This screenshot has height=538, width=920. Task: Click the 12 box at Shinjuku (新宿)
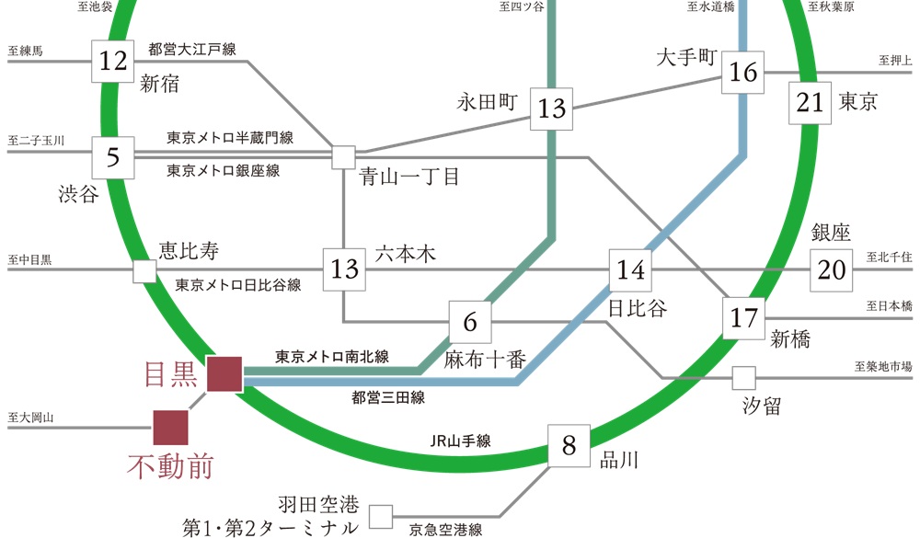click(113, 62)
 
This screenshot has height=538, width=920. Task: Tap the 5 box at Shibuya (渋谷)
click(113, 157)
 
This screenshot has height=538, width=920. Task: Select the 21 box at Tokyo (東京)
click(811, 102)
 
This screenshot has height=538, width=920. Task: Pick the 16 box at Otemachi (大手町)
click(743, 72)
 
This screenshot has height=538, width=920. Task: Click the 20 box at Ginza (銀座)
click(832, 270)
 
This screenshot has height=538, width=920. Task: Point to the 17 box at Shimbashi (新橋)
click(743, 319)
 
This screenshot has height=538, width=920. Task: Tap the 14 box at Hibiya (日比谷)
click(630, 270)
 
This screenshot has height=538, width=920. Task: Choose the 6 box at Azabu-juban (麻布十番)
click(470, 322)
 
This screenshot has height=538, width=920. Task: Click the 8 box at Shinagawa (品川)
click(569, 446)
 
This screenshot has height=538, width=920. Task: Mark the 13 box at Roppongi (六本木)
click(344, 269)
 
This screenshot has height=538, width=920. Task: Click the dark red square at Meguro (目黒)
click(224, 374)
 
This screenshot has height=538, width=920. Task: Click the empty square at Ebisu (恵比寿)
click(144, 271)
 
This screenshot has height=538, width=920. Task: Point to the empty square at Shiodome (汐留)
click(743, 378)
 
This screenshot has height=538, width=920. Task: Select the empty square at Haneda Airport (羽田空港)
click(380, 515)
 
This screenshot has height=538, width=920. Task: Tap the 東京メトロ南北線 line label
click(332, 356)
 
